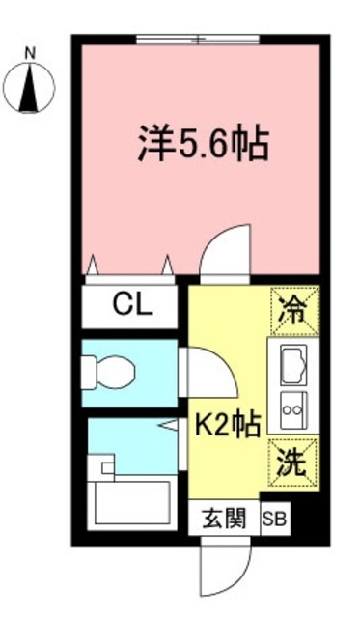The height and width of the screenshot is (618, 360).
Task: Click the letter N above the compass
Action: pos(29,56)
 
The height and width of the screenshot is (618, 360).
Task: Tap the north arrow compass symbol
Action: pos(29,88)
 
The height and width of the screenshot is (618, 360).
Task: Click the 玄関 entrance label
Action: pos(223,520)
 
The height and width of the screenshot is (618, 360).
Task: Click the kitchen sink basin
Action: pos(292,365)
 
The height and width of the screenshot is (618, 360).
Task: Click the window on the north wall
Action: pos(198,41)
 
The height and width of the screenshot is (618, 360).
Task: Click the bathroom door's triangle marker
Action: pos(168,425)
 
